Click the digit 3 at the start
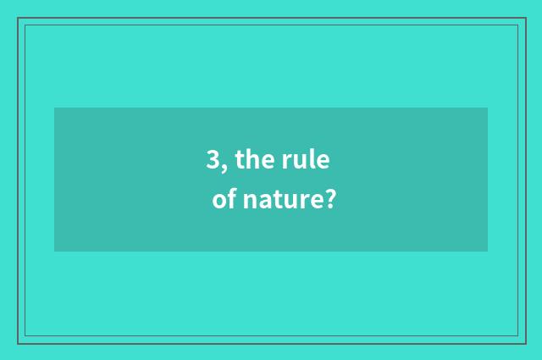coord(213,160)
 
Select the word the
coord(252,159)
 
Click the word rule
coord(305,159)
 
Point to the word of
coord(224,201)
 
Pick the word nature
coord(280,202)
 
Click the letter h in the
coord(252,158)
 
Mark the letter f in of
coord(231,200)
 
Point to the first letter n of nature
coord(249,202)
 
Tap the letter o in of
coord(219,202)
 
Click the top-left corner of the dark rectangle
coord(54,108)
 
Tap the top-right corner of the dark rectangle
coord(488,108)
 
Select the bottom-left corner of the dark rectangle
coord(54,252)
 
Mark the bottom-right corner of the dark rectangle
coord(488,252)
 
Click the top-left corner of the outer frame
coord(18,18)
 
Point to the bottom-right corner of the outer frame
coord(525,343)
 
